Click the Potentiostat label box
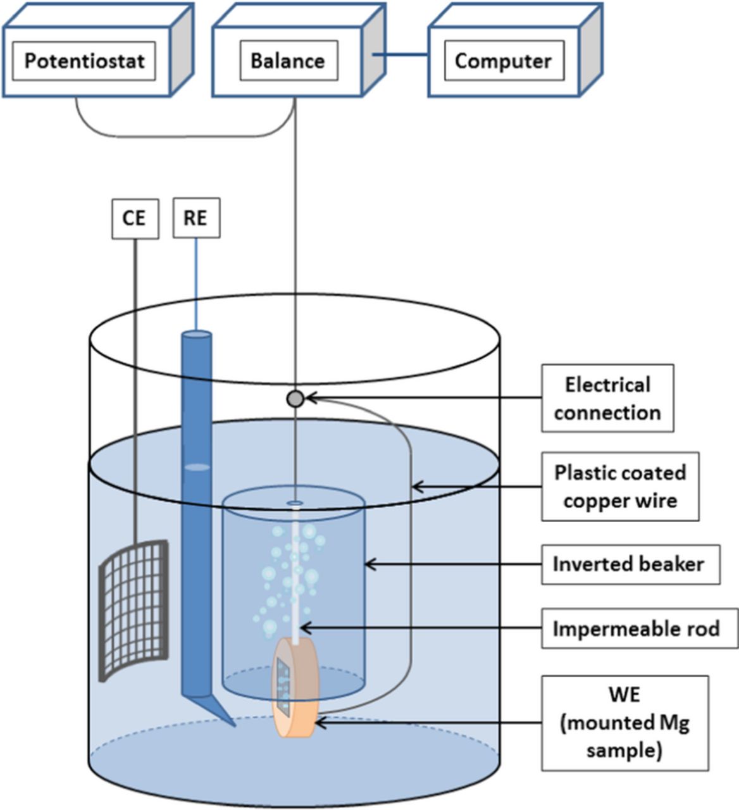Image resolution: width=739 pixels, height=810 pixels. click(x=84, y=61)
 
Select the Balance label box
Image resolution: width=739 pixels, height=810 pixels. click(x=288, y=61)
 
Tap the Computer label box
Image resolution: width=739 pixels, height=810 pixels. click(x=503, y=61)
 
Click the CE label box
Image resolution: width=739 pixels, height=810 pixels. click(x=134, y=218)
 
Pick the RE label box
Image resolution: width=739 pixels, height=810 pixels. click(x=196, y=218)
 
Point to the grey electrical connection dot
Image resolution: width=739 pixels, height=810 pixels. click(x=295, y=399)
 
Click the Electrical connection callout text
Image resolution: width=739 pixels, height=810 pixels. click(x=607, y=399)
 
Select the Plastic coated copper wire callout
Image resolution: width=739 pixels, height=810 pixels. click(x=619, y=487)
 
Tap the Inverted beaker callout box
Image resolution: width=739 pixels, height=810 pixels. click(x=630, y=564)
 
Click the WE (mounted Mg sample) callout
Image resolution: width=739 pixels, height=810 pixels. click(x=624, y=723)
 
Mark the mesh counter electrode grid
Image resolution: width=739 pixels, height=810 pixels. click(x=134, y=611)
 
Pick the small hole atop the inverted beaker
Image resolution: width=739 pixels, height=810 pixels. click(x=295, y=503)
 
